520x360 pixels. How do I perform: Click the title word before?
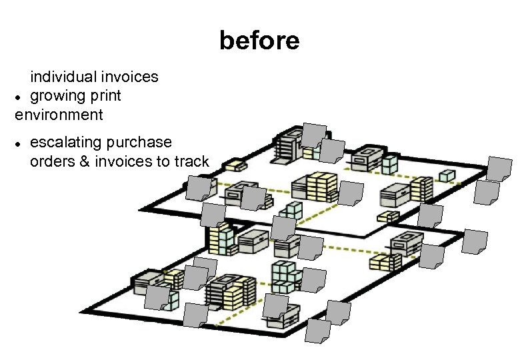pos(259,41)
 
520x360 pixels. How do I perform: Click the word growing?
pos(58,95)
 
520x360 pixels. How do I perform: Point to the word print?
pos(105,96)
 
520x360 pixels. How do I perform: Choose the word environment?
pos(59,115)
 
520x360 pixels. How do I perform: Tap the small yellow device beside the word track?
pos(235,164)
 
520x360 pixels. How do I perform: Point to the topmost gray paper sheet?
pos(313,135)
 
